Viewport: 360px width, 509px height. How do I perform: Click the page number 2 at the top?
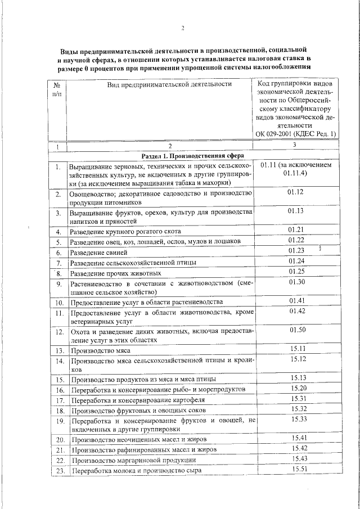pos(183,29)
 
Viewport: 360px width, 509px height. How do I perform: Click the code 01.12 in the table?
pos(295,192)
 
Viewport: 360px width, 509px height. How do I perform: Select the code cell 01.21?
pos(296,230)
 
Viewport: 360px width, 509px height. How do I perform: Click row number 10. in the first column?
pos(58,303)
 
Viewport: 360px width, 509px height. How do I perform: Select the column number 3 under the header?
pos(295,145)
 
